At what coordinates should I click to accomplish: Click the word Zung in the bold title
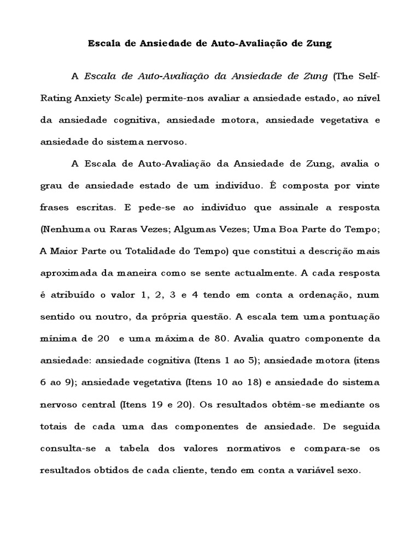(x=320, y=44)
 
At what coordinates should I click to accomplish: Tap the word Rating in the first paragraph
(x=56, y=97)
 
